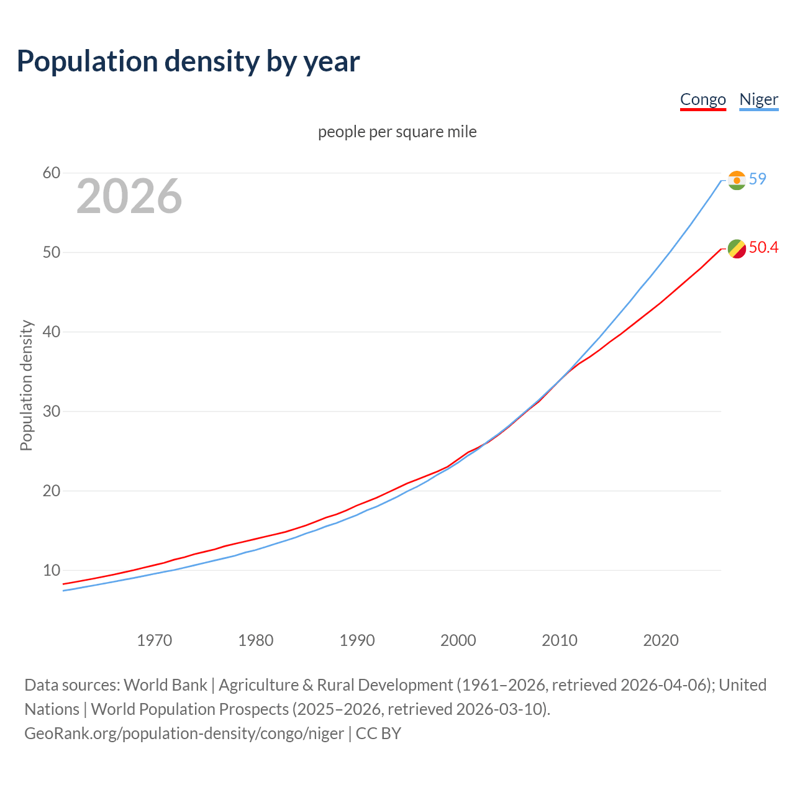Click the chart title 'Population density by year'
[x=188, y=61]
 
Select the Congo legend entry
[x=702, y=99]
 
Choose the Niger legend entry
[x=758, y=99]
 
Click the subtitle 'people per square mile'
[x=397, y=132]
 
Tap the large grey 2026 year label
[x=129, y=196]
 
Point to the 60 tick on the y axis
[x=52, y=173]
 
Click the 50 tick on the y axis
[x=52, y=252]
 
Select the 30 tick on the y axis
[x=52, y=411]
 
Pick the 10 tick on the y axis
[x=52, y=570]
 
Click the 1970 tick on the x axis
[x=154, y=640]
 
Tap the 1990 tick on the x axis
[x=357, y=640]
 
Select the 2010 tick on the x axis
[x=560, y=640]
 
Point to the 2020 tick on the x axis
[x=661, y=640]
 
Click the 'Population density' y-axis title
[x=26, y=385]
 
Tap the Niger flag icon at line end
[x=737, y=180]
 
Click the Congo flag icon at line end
[x=737, y=248]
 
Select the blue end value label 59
[x=757, y=179]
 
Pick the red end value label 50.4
[x=763, y=248]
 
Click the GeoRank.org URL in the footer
[x=184, y=733]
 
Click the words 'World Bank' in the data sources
[x=165, y=685]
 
